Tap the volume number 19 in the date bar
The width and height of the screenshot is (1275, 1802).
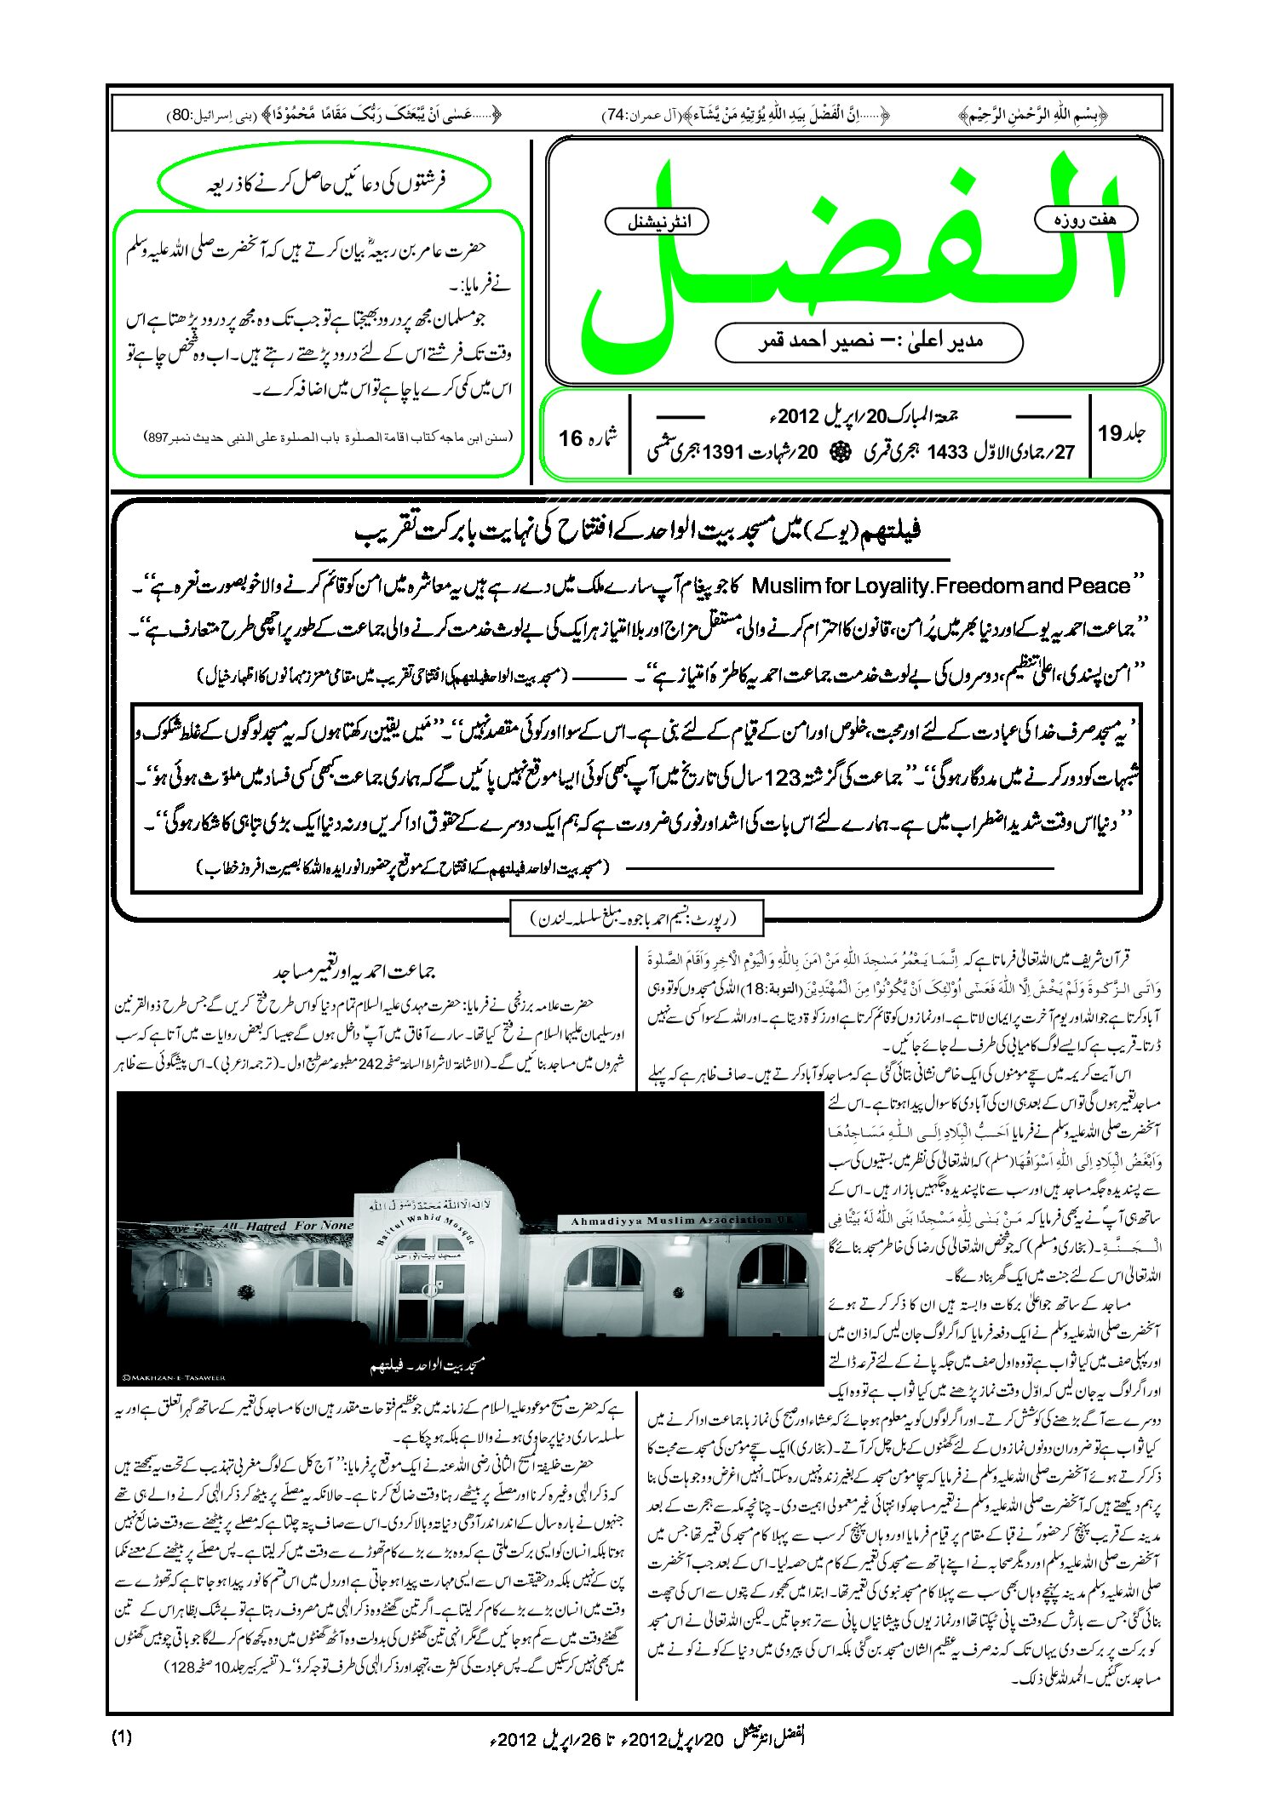pyautogui.click(x=1110, y=433)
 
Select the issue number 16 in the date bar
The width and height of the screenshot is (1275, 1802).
pyautogui.click(x=570, y=438)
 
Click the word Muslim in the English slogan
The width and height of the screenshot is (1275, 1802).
pyautogui.click(x=785, y=586)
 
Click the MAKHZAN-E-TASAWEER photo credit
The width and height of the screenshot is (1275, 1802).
pyautogui.click(x=173, y=1377)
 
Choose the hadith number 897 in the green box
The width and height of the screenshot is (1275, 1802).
pyautogui.click(x=157, y=438)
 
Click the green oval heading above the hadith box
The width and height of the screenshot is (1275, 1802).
pyautogui.click(x=324, y=183)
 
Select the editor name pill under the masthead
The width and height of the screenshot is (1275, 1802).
pyautogui.click(x=869, y=342)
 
